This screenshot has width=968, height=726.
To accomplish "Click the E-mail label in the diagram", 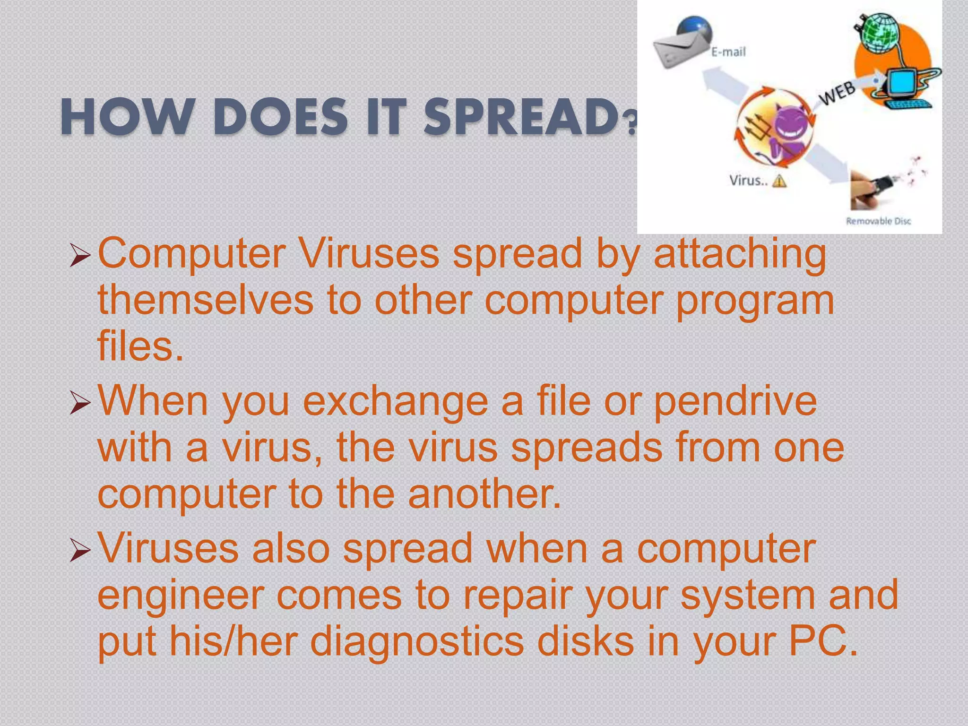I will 728,52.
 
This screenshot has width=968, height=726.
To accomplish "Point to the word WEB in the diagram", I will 838,93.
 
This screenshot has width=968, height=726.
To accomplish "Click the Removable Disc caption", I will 878,221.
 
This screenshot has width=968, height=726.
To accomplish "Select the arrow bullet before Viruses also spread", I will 79,550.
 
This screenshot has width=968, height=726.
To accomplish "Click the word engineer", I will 180,596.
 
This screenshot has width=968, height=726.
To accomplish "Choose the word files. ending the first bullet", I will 140,346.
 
